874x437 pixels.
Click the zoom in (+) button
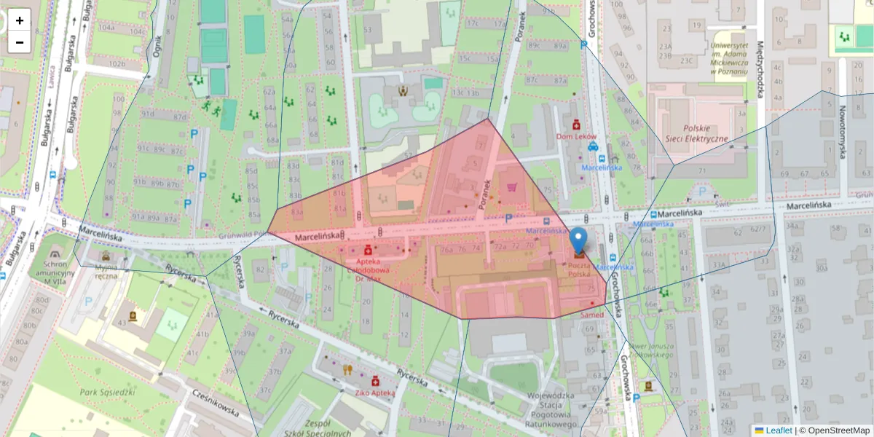pos(20,20)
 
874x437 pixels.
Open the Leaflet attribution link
pos(778,430)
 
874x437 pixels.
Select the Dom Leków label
pos(575,136)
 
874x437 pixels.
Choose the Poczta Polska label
pos(580,271)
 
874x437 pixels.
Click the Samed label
pos(592,315)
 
